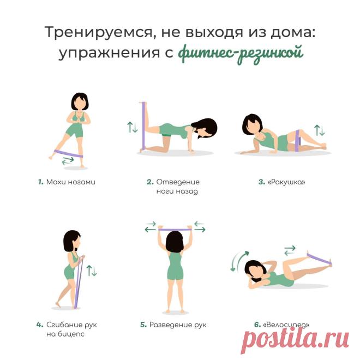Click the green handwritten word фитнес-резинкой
click(241, 53)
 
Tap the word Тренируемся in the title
click(97, 32)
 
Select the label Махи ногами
click(71, 182)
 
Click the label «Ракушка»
click(286, 182)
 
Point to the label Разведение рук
click(178, 325)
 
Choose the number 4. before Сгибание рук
click(40, 325)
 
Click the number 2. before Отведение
click(150, 182)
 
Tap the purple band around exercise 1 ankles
click(68, 153)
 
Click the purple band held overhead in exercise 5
click(175, 229)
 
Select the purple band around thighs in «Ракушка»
click(298, 140)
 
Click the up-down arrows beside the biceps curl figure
click(92, 270)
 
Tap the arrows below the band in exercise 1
click(68, 161)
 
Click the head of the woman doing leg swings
click(80, 102)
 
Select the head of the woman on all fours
click(205, 129)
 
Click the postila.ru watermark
click(295, 340)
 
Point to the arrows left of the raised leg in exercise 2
click(133, 127)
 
